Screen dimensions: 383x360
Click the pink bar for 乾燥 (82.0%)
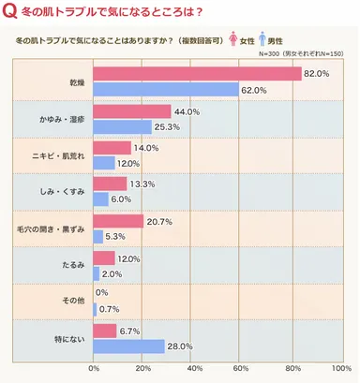pos(197,75)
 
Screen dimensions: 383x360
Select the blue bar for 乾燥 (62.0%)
pos(166,90)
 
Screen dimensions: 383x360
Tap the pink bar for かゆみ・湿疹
pos(132,111)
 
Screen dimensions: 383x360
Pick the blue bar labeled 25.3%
pos(122,126)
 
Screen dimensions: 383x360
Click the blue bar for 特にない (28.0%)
pos(128,346)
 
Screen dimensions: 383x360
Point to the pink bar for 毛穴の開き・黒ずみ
pos(118,221)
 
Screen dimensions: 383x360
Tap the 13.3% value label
pos(143,184)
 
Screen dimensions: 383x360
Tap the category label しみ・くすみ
pos(67,192)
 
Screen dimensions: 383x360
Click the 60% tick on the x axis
pos(242,369)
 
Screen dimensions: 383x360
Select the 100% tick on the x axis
pos(339,369)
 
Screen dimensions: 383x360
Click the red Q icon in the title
pos(10,11)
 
